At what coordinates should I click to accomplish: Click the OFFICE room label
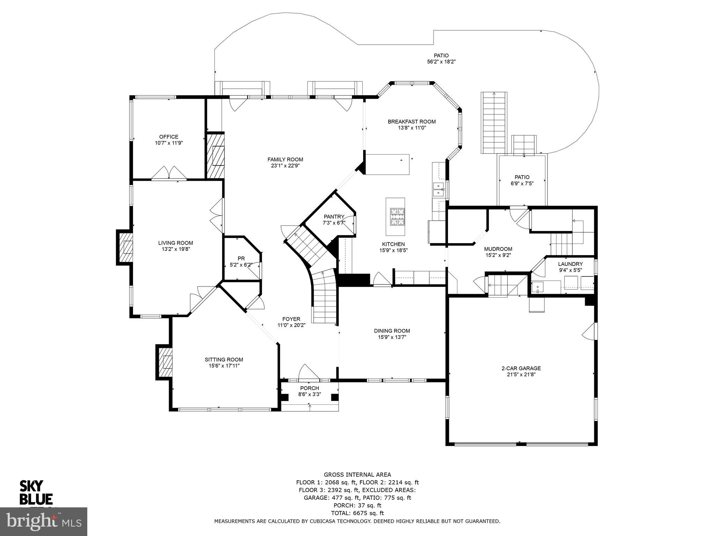(x=169, y=137)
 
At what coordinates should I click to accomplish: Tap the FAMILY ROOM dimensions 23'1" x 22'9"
(x=285, y=166)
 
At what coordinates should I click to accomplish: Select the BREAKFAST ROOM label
(x=412, y=121)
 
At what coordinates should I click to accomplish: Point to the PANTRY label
(x=334, y=217)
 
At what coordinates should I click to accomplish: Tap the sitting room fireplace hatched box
(x=165, y=363)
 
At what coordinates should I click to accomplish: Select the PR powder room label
(x=241, y=258)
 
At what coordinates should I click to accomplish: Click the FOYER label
(x=291, y=319)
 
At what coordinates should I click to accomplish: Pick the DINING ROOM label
(x=392, y=331)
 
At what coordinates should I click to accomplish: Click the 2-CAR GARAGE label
(x=521, y=368)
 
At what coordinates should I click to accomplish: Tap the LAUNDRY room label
(x=570, y=264)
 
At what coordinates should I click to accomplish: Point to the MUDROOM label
(x=498, y=249)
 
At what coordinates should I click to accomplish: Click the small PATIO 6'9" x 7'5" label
(x=522, y=177)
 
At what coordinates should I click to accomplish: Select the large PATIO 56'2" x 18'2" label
(x=441, y=55)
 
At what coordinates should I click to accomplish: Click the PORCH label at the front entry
(x=309, y=388)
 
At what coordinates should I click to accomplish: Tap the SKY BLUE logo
(x=36, y=492)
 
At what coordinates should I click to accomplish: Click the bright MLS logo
(x=44, y=521)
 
